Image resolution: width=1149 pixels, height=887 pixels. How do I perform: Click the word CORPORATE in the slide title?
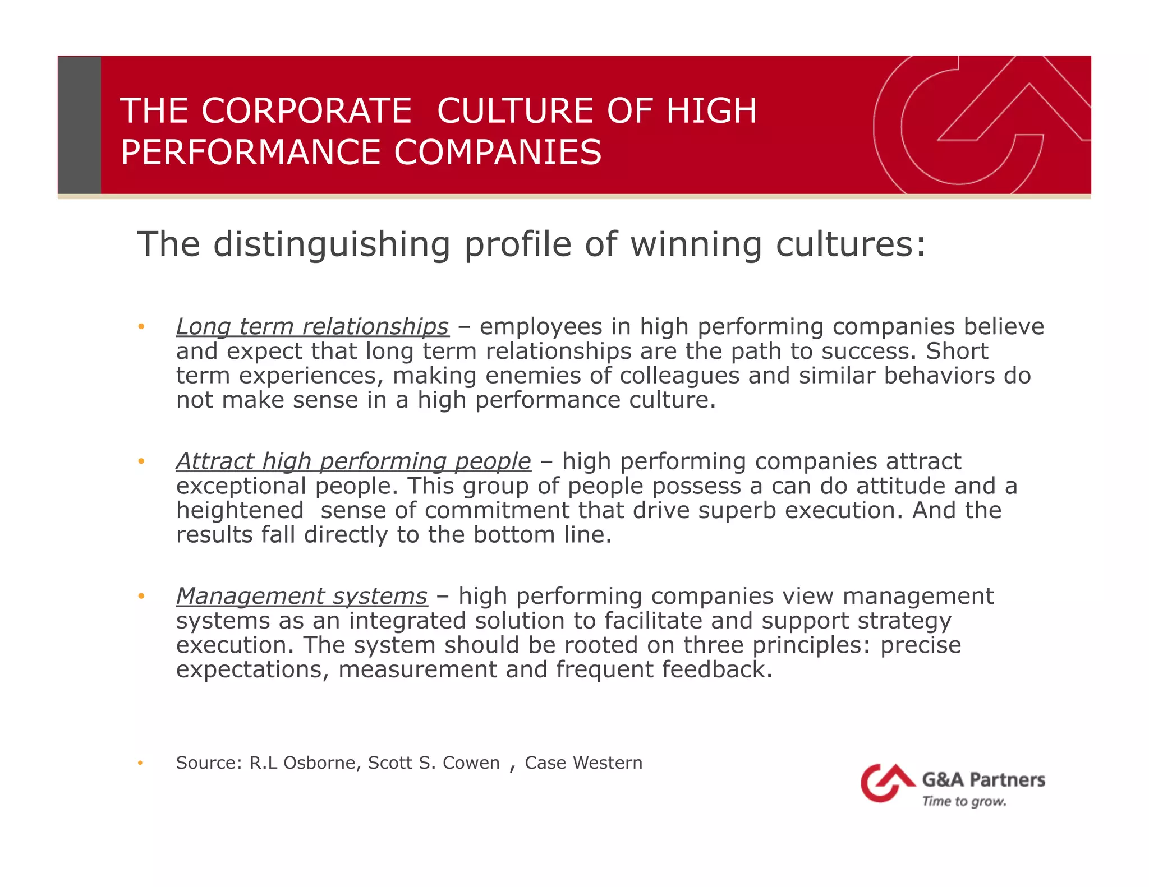307,110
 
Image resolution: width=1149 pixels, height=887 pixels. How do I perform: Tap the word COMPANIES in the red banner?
498,153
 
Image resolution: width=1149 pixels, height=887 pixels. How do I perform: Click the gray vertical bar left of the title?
80,125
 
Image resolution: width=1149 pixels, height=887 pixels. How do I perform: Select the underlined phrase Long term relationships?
312,327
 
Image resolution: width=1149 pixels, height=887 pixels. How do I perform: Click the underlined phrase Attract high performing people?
353,461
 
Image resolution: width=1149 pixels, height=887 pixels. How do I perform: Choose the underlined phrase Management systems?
302,596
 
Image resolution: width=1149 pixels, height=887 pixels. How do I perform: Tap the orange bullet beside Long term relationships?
141,326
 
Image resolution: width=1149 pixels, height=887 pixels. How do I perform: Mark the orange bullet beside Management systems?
141,595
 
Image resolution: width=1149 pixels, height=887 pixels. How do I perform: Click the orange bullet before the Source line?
141,763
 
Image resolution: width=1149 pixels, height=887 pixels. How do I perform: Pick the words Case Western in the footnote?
583,763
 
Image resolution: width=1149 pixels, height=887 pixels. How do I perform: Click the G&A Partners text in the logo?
983,780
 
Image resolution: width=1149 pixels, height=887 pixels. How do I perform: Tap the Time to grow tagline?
964,801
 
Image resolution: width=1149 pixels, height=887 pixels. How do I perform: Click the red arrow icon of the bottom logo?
886,782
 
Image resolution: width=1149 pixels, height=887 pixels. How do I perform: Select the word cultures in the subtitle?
851,244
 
